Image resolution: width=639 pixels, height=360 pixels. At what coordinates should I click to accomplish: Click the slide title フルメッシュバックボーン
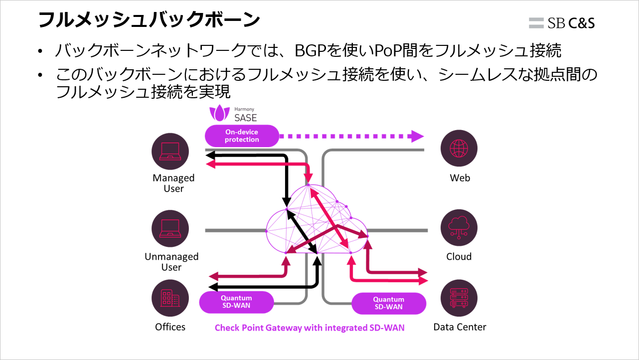tap(149, 20)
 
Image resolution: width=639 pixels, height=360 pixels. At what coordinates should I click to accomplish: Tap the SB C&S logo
tap(562, 22)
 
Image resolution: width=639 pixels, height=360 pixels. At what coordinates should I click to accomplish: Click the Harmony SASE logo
tap(233, 114)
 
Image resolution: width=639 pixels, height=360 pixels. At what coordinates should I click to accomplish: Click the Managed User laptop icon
tap(170, 152)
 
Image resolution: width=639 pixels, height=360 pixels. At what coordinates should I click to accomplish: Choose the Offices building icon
tap(170, 298)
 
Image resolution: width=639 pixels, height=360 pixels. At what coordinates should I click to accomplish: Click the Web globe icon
tap(459, 149)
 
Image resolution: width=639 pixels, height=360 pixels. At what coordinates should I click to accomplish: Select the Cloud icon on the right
tap(459, 228)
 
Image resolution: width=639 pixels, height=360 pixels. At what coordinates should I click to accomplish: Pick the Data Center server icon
tap(459, 298)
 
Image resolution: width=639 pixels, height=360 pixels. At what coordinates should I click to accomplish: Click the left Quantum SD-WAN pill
tap(236, 302)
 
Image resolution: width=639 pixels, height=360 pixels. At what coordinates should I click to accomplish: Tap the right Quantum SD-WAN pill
tap(389, 303)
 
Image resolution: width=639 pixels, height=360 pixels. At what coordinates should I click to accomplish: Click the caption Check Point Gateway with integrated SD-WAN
tap(310, 328)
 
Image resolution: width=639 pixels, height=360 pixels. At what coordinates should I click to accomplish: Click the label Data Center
tap(459, 327)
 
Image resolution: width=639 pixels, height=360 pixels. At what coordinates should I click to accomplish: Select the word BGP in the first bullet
tap(312, 50)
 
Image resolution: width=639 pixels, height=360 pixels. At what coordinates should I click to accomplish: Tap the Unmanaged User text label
tap(171, 262)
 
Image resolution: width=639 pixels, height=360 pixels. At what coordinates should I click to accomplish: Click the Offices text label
tap(170, 327)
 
